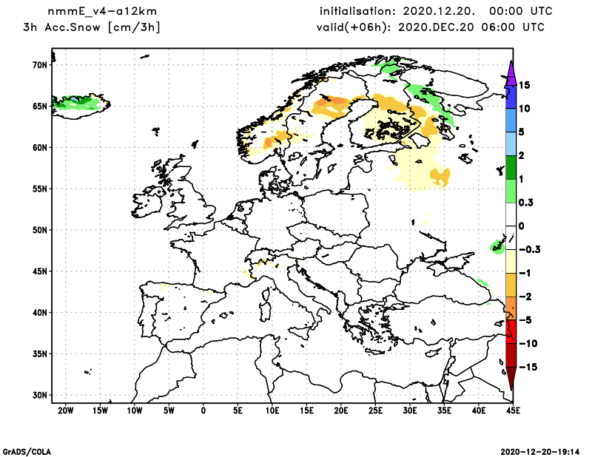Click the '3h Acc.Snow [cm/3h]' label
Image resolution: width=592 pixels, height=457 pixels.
click(x=92, y=27)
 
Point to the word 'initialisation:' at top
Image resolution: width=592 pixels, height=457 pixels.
click(x=358, y=12)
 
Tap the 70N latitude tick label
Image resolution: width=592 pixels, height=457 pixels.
click(x=39, y=65)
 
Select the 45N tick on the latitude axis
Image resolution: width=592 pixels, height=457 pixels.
click(x=39, y=271)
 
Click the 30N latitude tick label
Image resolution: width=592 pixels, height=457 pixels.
click(x=39, y=395)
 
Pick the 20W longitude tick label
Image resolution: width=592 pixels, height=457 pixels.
click(x=65, y=410)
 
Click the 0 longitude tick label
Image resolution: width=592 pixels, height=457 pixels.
click(x=203, y=410)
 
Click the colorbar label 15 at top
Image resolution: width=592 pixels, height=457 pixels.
click(x=524, y=85)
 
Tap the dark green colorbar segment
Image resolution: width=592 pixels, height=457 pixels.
click(x=511, y=167)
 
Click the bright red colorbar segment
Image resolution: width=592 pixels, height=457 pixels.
click(x=511, y=331)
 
